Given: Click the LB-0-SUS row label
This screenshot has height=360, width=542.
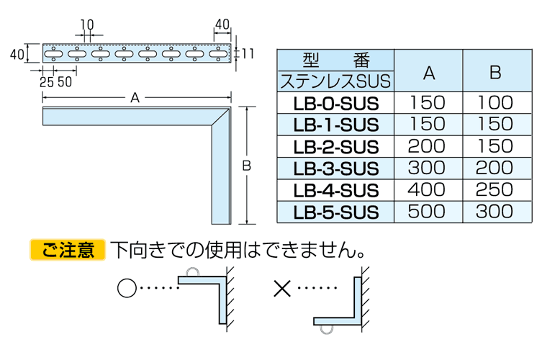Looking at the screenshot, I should coord(335,102).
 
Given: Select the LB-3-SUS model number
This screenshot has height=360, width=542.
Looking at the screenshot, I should coord(335,168).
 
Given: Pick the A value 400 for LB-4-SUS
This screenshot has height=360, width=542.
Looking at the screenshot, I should coord(428,190).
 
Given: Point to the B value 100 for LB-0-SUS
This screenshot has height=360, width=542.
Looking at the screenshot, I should coord(494,102).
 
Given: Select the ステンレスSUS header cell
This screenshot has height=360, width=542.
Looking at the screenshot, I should coord(335,80).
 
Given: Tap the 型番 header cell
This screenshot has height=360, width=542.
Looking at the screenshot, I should coord(335,60).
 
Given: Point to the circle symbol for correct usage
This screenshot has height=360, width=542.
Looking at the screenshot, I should coord(126,289).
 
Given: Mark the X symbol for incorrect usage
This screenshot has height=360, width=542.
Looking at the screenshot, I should coord(281,289).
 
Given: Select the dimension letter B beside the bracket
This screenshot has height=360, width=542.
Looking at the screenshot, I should coord(246,166).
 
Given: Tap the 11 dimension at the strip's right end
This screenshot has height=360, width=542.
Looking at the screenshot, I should coord(248,53).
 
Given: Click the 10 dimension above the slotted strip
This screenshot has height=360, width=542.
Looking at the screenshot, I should coord(87,24).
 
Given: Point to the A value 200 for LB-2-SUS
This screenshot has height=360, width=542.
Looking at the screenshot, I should coord(428,146).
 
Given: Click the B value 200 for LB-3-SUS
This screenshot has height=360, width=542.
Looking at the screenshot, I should coord(494,168).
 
